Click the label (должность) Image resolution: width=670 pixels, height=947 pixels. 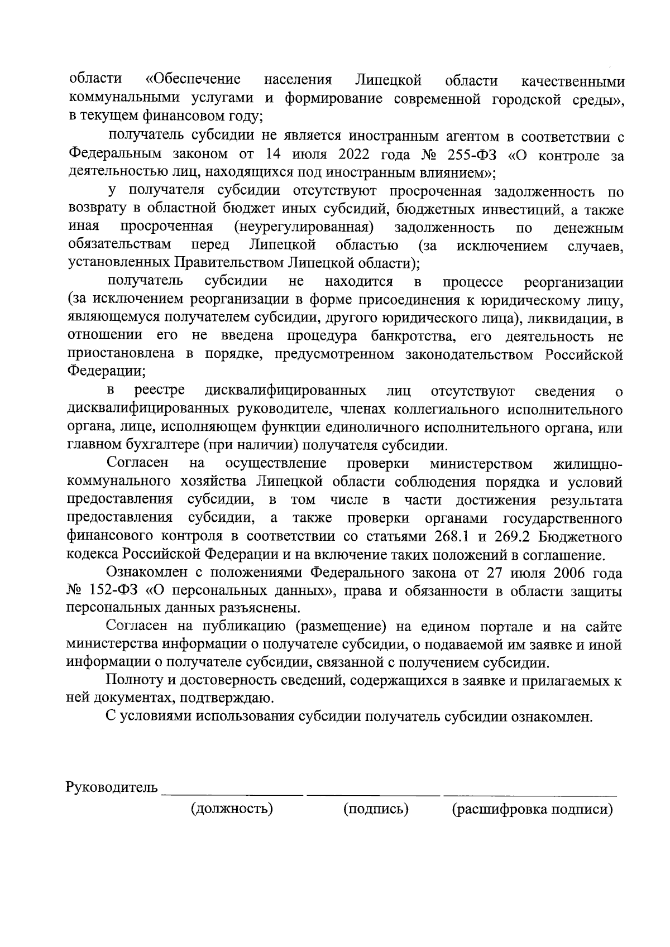pos(232,809)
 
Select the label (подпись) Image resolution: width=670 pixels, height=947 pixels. pos(376,809)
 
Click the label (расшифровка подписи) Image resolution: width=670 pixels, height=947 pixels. pos(532,809)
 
